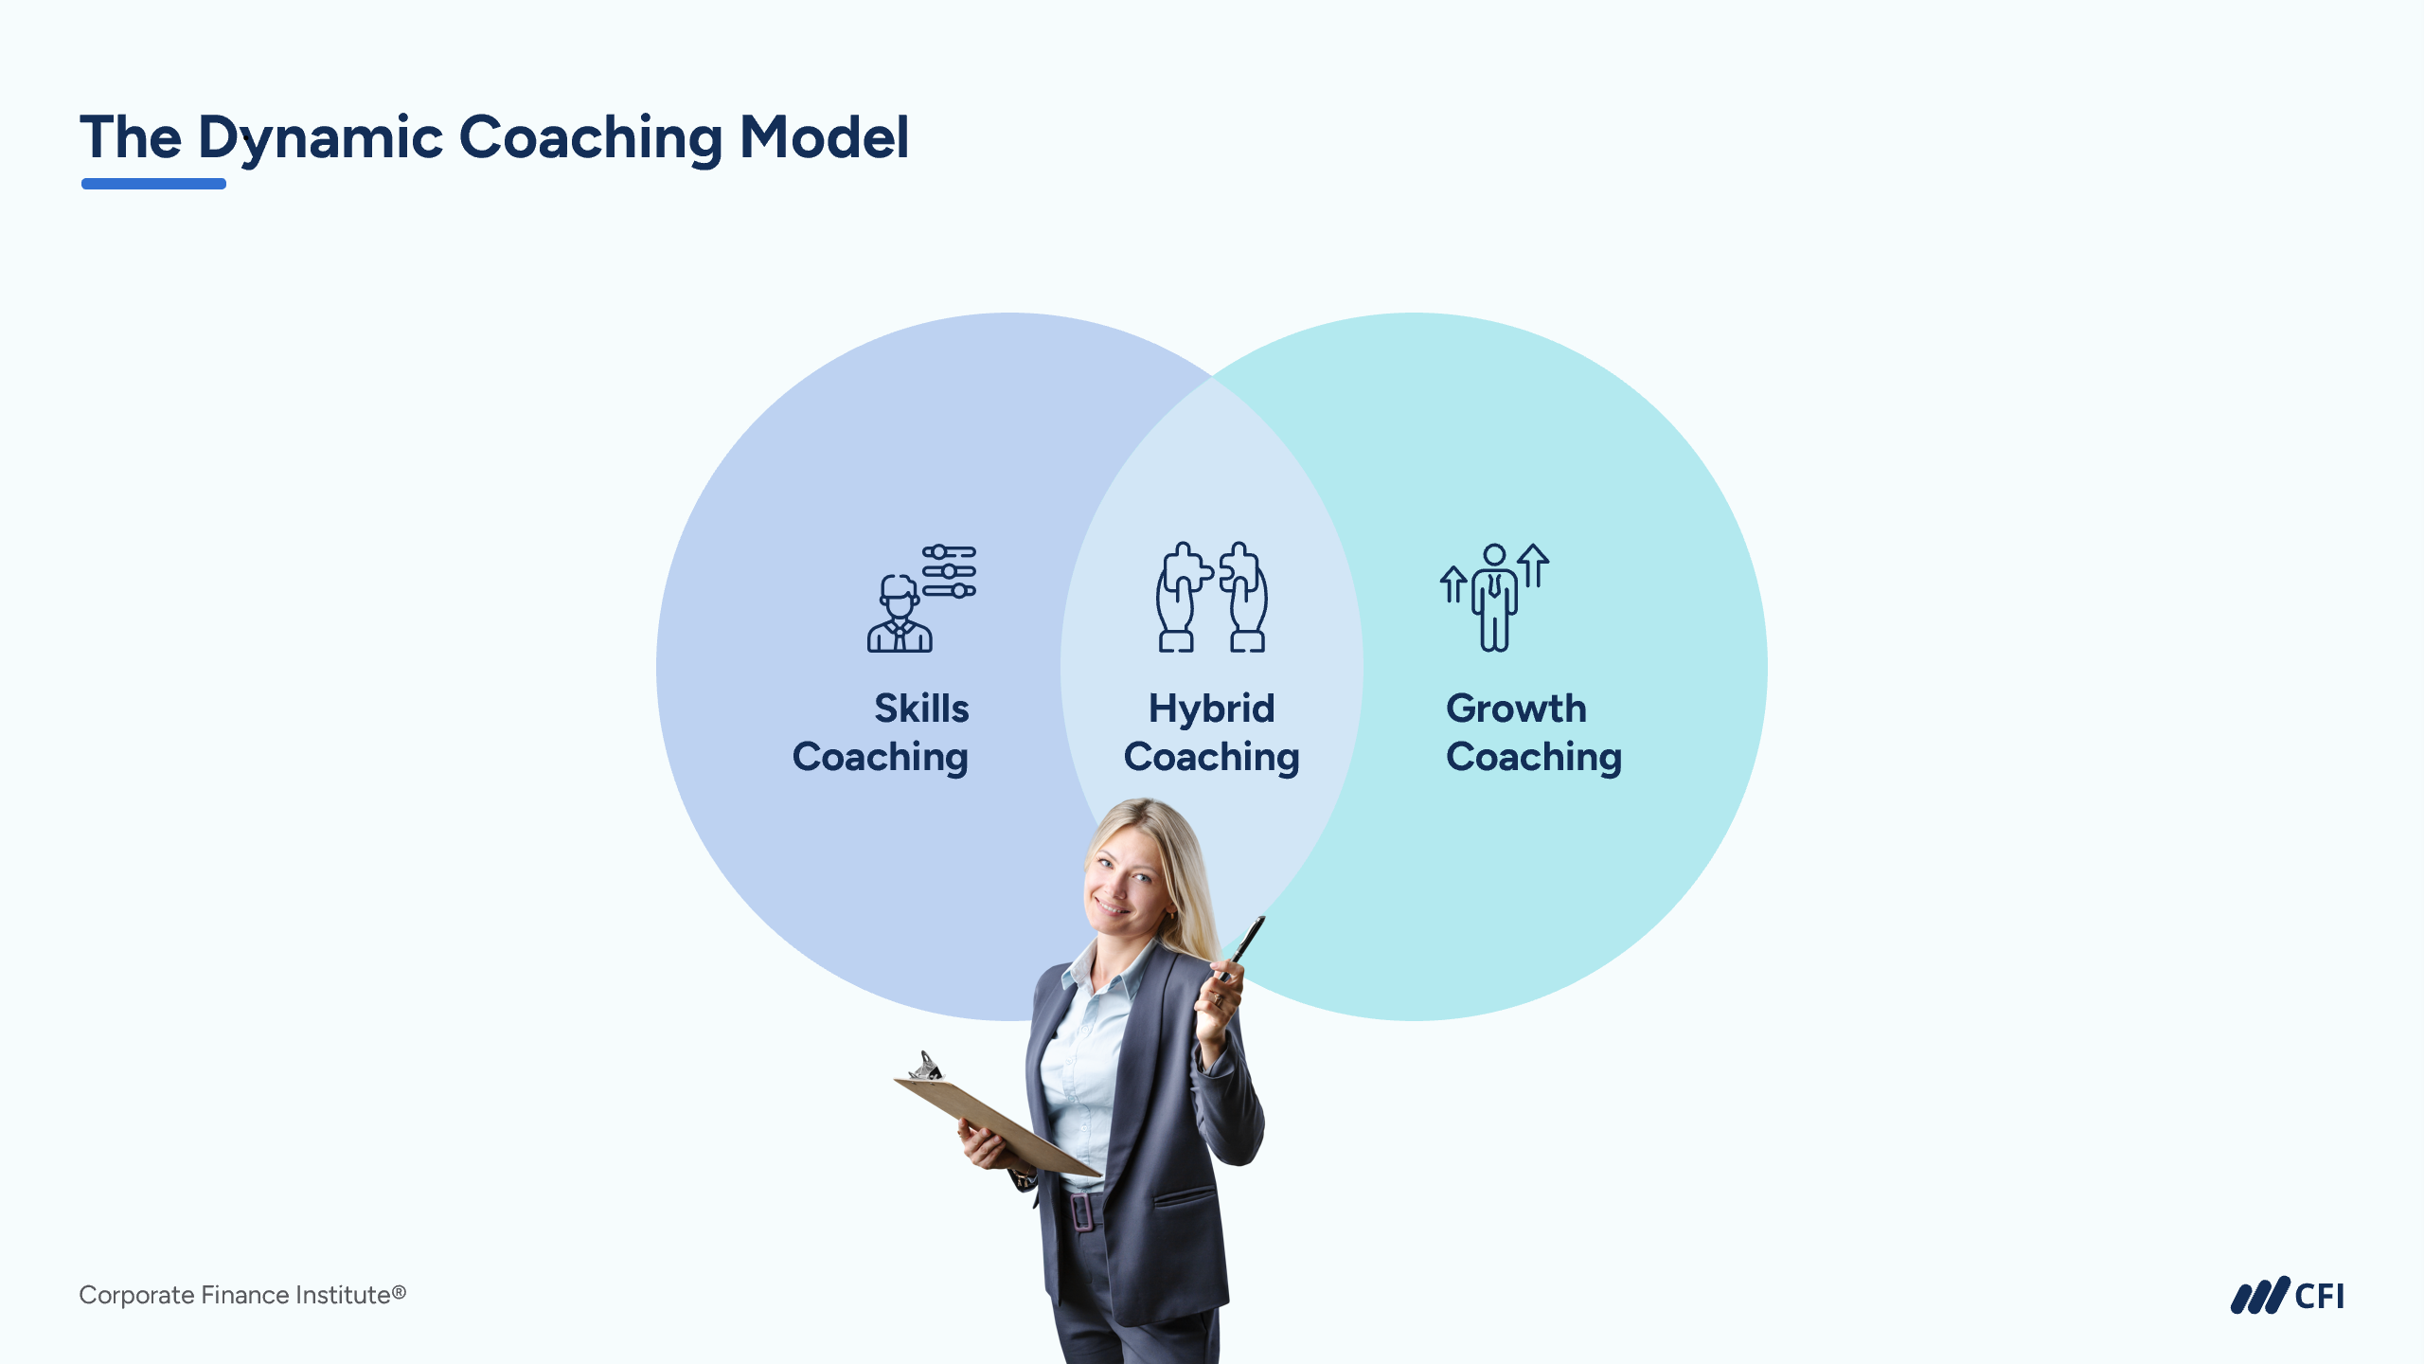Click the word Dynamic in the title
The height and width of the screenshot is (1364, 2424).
click(321, 139)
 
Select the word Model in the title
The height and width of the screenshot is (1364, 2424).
click(824, 137)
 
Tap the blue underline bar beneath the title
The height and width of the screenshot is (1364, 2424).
click(153, 184)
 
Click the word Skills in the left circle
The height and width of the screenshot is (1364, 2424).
click(921, 708)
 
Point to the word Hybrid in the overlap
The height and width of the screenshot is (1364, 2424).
click(1211, 709)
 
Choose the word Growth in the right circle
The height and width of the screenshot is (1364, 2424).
click(1516, 709)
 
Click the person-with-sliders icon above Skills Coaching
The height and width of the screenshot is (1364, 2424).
click(921, 598)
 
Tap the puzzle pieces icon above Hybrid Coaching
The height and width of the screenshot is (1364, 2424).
click(1212, 597)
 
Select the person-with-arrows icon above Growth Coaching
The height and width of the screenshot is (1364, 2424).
click(1494, 597)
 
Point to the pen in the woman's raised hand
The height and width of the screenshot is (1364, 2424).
click(1243, 946)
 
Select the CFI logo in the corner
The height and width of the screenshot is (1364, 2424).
click(2287, 1296)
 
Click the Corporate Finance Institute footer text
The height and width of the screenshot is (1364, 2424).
click(242, 1295)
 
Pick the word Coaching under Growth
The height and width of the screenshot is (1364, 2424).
click(1534, 758)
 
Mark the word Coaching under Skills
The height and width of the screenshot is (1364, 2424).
click(881, 758)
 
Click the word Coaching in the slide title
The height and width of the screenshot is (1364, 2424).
click(591, 139)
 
